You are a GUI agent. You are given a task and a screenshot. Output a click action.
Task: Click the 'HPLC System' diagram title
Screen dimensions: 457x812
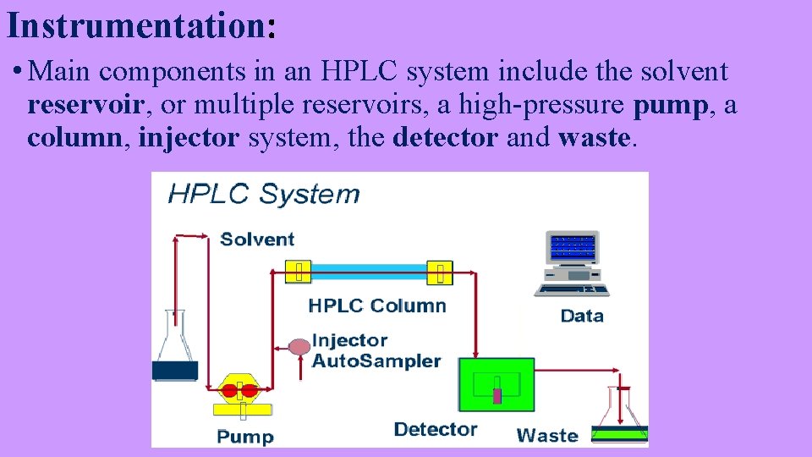click(264, 194)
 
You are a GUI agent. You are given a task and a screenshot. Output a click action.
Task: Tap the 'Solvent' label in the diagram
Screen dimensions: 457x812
click(257, 239)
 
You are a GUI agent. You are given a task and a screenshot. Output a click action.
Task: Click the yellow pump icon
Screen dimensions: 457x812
click(240, 395)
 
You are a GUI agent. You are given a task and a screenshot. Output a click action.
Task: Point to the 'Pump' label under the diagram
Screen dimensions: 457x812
click(245, 437)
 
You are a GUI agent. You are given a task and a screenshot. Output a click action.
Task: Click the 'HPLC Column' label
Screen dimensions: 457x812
click(377, 306)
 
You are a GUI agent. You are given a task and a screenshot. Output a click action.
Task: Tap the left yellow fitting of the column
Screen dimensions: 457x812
click(299, 272)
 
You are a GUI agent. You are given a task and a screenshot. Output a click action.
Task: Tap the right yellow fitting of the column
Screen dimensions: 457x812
click(439, 272)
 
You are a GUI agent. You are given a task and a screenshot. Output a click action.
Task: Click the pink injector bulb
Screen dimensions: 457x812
click(299, 346)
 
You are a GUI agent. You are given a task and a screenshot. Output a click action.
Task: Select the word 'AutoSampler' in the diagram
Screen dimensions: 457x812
click(376, 361)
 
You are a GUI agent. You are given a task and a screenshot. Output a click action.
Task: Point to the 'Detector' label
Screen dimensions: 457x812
click(436, 429)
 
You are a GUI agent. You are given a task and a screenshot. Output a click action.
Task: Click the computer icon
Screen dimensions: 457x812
click(573, 262)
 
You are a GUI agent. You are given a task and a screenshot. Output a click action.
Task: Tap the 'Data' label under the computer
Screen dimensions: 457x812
click(582, 316)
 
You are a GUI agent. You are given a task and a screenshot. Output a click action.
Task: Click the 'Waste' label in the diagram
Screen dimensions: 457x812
click(547, 436)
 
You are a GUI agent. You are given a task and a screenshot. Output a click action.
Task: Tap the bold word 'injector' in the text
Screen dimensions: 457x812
click(189, 136)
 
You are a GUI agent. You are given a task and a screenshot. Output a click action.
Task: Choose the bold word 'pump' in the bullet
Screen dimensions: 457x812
click(674, 106)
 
